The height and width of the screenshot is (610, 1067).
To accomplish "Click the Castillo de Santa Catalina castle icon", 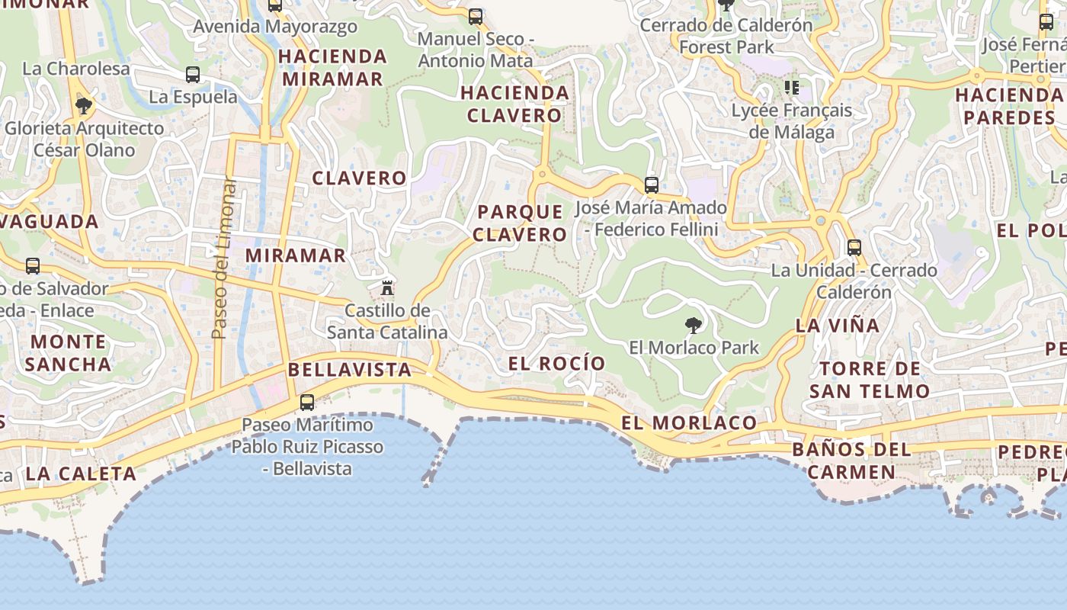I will tap(387, 288).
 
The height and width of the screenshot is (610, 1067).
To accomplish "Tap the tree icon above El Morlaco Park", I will tap(693, 326).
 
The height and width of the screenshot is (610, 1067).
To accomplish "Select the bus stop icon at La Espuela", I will tap(193, 75).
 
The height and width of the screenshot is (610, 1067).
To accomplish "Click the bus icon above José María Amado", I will tap(651, 185).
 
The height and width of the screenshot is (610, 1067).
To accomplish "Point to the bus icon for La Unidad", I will tap(854, 248).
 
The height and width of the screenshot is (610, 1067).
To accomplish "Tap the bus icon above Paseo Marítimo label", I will tap(307, 402).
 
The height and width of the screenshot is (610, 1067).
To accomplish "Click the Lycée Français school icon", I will tap(792, 88).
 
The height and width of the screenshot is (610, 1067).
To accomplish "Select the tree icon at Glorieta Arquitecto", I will tap(84, 105).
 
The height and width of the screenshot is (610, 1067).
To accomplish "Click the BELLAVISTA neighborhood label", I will tap(350, 370).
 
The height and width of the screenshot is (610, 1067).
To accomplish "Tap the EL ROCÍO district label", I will tap(556, 364).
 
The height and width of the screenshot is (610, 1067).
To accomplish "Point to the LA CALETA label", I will tap(81, 474).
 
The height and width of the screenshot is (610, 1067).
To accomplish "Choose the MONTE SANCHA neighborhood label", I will tap(69, 352).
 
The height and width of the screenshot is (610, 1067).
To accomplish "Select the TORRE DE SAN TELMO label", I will tap(870, 380).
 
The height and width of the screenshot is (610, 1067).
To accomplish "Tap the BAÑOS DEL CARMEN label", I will tap(851, 461).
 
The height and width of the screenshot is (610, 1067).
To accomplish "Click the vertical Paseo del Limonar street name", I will tap(221, 259).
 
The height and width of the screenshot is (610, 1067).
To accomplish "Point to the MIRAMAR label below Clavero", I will tap(296, 255).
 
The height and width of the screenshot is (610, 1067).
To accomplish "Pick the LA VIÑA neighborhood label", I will tap(838, 326).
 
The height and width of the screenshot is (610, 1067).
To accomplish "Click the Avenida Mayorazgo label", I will tap(275, 27).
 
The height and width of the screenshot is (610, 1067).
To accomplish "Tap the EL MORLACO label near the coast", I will tap(689, 423).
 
